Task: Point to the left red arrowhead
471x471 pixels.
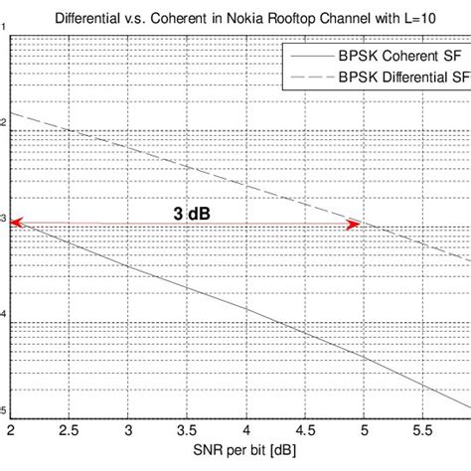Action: [17, 226]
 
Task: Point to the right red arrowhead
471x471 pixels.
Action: [352, 226]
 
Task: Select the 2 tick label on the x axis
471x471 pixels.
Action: [11, 431]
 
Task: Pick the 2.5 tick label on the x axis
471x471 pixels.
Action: [70, 431]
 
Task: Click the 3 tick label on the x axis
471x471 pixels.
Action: [128, 431]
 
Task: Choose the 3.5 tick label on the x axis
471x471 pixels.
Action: [187, 431]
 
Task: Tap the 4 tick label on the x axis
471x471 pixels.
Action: [245, 431]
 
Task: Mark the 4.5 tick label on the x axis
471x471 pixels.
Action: [304, 431]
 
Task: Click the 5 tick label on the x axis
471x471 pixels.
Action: [363, 431]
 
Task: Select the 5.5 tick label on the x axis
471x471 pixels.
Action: [421, 431]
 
